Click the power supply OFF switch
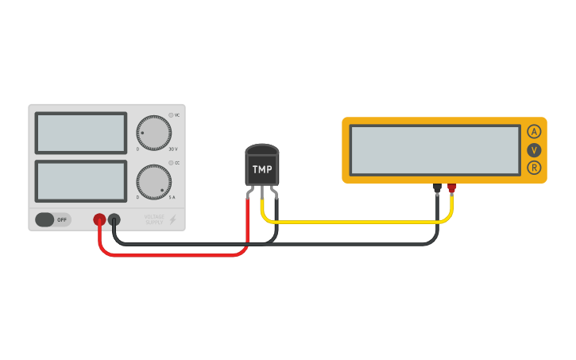coord(52,219)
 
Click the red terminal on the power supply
coord(99,219)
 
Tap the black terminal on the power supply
coord(114,219)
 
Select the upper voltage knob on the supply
coord(153,133)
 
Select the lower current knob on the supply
coord(153,182)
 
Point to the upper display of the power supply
coord(80,133)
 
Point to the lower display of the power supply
coord(80,181)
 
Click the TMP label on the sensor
coord(262,169)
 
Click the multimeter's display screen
coord(435,150)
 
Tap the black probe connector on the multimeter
coord(437,188)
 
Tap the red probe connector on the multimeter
coord(452,188)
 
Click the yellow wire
coord(358,220)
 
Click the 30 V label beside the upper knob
coord(173,149)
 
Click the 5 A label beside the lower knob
coord(172,197)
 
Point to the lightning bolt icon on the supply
coord(172,219)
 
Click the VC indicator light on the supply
coord(170,115)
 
